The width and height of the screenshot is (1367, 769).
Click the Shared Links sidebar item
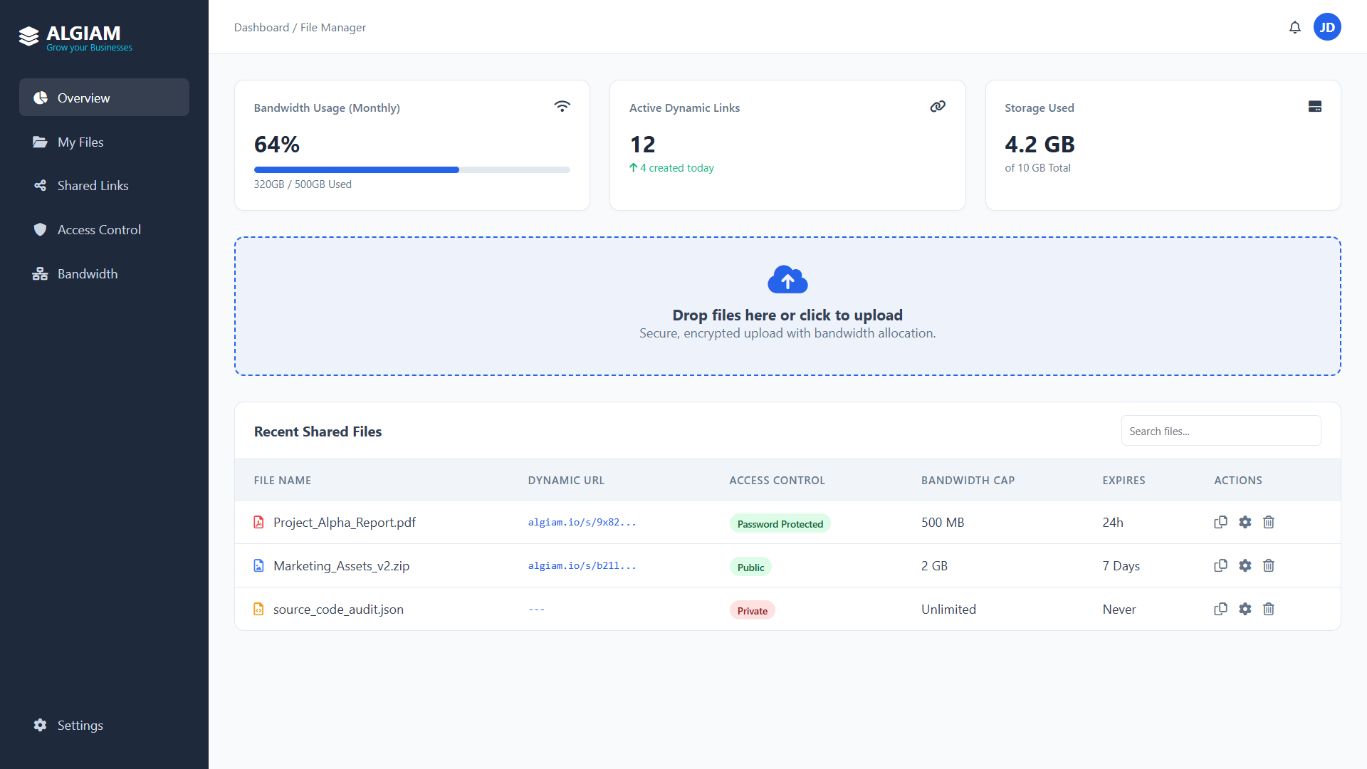pyautogui.click(x=93, y=186)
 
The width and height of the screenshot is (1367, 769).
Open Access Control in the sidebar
pyautogui.click(x=99, y=230)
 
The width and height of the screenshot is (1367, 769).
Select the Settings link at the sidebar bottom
pyautogui.click(x=80, y=726)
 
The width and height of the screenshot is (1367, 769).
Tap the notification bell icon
pyautogui.click(x=1295, y=27)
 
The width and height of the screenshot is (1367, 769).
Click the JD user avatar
pyautogui.click(x=1327, y=27)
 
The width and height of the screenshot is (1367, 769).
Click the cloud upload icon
pyautogui.click(x=787, y=280)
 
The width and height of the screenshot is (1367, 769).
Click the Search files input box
pyautogui.click(x=1220, y=431)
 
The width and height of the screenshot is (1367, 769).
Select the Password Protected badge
pyautogui.click(x=780, y=524)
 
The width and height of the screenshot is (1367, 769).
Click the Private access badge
pyautogui.click(x=752, y=611)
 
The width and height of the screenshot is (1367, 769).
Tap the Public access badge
pyautogui.click(x=750, y=567)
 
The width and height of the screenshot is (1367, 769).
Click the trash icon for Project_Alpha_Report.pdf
pyautogui.click(x=1269, y=522)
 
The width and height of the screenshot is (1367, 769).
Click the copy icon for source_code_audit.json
pyautogui.click(x=1220, y=609)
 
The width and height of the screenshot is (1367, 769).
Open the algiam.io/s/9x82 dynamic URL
pyautogui.click(x=582, y=523)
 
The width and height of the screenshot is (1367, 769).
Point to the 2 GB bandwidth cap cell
pyautogui.click(x=934, y=566)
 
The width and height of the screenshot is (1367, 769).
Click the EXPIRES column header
pyautogui.click(x=1124, y=481)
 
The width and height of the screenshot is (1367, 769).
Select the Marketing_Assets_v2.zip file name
pyautogui.click(x=341, y=566)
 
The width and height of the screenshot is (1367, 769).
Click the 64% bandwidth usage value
pyautogui.click(x=277, y=145)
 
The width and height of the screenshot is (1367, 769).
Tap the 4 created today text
pyautogui.click(x=676, y=168)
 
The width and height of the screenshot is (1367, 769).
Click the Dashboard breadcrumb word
pyautogui.click(x=261, y=28)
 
